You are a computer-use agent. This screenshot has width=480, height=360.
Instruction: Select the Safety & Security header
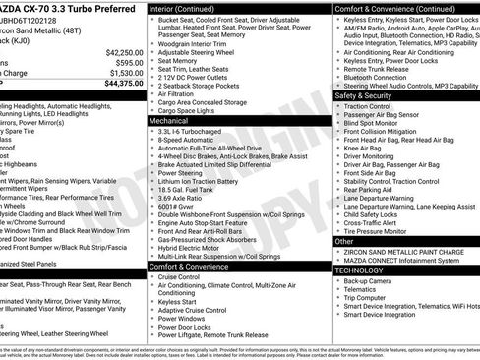[363, 96]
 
